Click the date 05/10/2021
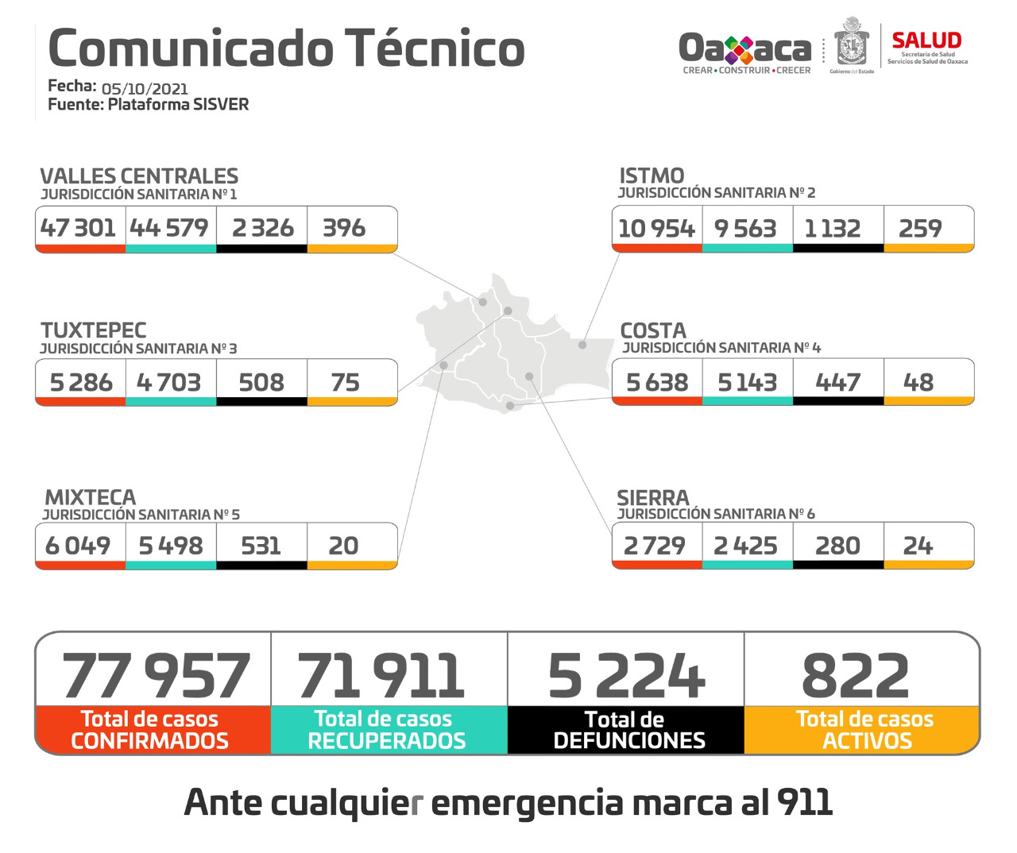pos(145,89)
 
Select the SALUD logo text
pos(926,41)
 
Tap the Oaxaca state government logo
pos(745,50)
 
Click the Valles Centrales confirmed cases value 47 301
pos(79,229)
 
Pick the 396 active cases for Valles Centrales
pos(344,229)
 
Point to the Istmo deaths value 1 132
pos(833,229)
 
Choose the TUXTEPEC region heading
pos(94,330)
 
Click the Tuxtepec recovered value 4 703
pos(169,383)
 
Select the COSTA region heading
pos(653,330)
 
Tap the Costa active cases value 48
pos(918,383)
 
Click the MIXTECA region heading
pos(91,497)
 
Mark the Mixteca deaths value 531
pos(261,546)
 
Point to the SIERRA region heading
pos(653,498)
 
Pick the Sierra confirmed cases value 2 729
pos(655,546)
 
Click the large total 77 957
pos(156,676)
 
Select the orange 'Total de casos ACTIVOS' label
pos(864,730)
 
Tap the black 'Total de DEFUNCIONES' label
pos(628,730)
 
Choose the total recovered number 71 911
pos(381,676)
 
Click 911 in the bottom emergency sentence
pos(805,802)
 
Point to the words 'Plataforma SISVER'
pos(178,105)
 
